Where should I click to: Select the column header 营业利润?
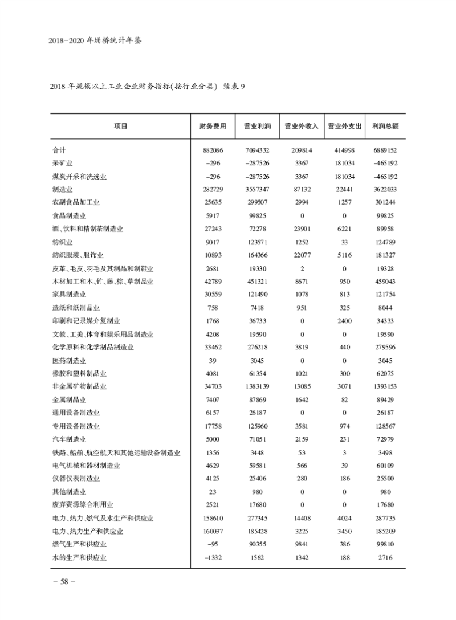[x=256, y=126]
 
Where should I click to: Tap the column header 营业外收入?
[x=302, y=126]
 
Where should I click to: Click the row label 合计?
[x=59, y=150]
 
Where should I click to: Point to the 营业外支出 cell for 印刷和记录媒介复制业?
[x=344, y=321]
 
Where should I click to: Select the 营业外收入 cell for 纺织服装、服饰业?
[x=302, y=255]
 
